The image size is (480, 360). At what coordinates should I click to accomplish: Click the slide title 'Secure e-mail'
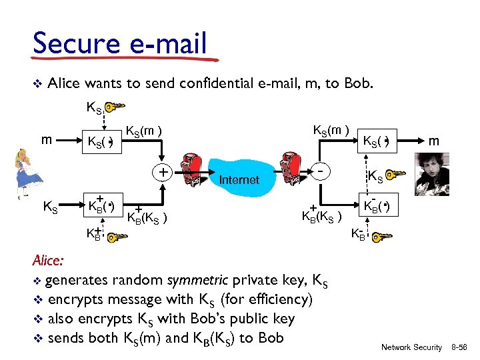click(120, 44)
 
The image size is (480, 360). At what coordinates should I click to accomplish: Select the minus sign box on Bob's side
click(323, 171)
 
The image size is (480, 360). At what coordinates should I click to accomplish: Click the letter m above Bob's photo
click(434, 141)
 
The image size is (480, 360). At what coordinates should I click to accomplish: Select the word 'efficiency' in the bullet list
click(273, 299)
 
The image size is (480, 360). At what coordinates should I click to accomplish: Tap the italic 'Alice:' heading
click(51, 261)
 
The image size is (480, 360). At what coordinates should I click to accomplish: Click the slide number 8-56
click(461, 347)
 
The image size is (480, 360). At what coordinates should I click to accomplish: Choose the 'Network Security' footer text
click(411, 347)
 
